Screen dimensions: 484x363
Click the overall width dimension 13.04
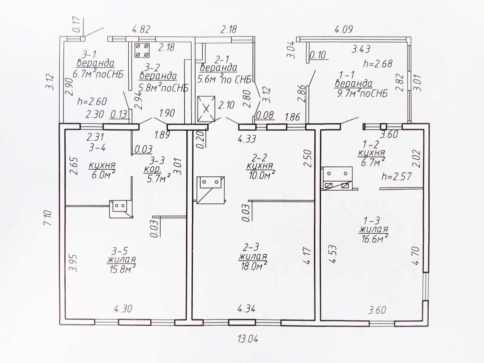[248, 339]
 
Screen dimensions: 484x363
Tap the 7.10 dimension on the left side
[48, 217]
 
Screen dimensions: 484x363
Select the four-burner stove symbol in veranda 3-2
[142, 50]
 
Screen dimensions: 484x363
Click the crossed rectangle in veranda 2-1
[206, 109]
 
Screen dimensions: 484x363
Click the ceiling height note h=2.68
[378, 64]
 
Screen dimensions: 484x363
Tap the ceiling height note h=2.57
[397, 176]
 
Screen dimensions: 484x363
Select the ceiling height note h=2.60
[92, 101]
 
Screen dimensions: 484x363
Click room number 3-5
[120, 251]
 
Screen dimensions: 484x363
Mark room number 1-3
[372, 221]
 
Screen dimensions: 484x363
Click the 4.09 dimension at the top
[344, 29]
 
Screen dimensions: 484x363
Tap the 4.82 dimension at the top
[141, 29]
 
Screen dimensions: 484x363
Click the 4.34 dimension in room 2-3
[246, 309]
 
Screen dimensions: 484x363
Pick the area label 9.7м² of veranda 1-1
[361, 94]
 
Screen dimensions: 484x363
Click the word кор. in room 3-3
[152, 170]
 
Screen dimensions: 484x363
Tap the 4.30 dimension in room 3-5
[123, 309]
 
